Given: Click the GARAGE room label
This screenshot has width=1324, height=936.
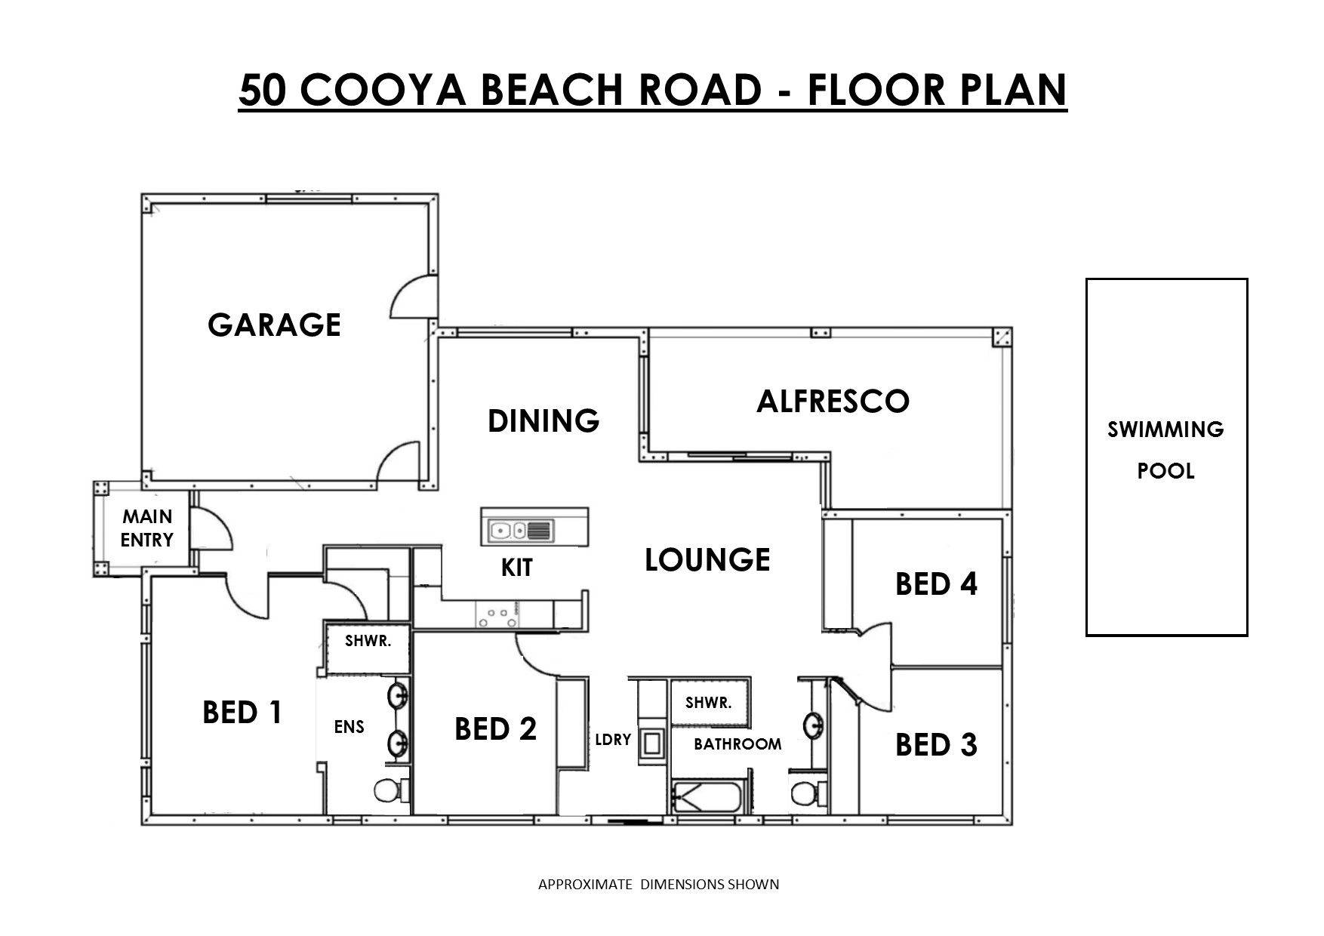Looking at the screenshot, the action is [x=274, y=325].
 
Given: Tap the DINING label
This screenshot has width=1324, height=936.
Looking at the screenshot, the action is [x=543, y=420].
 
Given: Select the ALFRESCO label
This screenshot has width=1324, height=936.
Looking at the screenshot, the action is [x=833, y=401].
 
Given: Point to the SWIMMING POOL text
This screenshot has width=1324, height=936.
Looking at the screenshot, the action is [x=1165, y=450].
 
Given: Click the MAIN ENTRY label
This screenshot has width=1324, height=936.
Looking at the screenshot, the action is [x=147, y=528].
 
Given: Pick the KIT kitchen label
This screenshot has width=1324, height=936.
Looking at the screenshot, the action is [x=517, y=568].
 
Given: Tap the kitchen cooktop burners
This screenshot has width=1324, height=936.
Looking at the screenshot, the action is [x=497, y=617].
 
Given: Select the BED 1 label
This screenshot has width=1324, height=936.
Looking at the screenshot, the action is [x=242, y=712].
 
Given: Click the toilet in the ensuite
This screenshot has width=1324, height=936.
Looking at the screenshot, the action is [x=390, y=791].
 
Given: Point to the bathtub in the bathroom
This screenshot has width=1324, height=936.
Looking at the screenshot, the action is [x=708, y=798].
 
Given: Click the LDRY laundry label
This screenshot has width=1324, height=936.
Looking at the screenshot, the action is [x=612, y=740].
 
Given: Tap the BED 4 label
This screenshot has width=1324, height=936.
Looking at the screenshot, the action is [x=936, y=583].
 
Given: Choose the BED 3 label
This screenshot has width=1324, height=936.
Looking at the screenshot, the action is [x=936, y=745].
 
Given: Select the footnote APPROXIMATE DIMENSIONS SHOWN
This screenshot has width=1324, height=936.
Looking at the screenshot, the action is [x=658, y=884].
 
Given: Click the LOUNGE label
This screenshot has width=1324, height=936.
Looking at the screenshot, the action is [x=707, y=559].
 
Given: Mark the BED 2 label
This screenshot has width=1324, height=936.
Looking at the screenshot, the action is [x=495, y=729].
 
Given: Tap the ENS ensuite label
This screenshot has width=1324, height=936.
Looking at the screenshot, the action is [x=349, y=727].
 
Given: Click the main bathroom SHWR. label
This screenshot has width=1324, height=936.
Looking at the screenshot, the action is [x=708, y=703].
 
